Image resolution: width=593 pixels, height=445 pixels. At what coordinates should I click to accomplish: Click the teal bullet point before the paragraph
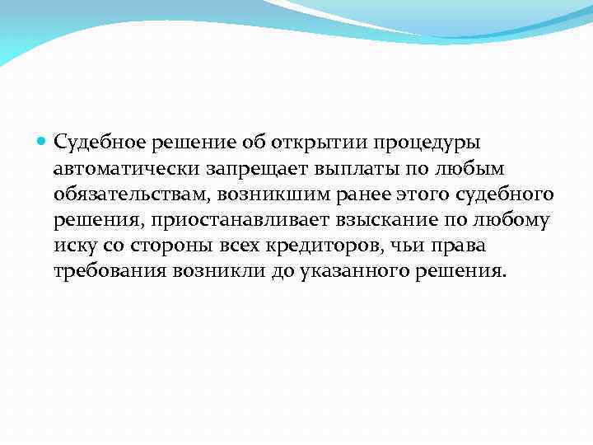click(x=43, y=142)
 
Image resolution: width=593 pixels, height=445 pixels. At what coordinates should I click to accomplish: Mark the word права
click(x=467, y=247)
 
